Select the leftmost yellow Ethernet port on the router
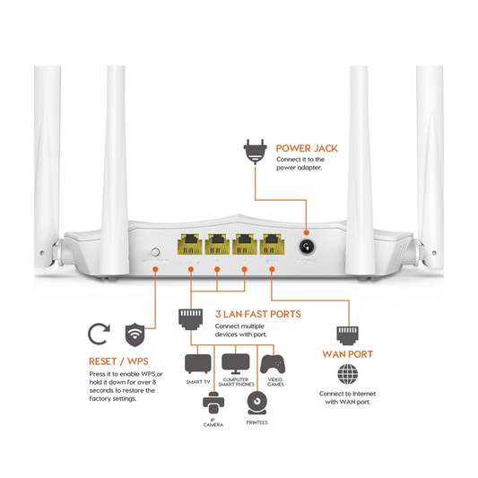190,244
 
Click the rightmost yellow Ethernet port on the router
273,244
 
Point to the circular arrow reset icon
98,335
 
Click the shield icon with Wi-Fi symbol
135,335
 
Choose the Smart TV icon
197,364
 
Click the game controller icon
272,364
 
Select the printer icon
256,403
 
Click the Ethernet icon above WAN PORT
347,335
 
